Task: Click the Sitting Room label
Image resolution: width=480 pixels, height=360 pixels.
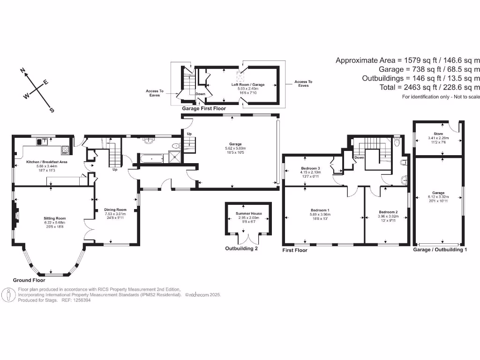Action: point(54,219)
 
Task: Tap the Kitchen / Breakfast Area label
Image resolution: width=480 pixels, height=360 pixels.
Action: point(47,162)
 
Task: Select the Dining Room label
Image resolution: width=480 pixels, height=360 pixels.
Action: point(116,210)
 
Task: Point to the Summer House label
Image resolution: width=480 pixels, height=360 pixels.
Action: point(248,213)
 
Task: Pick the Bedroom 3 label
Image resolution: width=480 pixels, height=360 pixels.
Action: point(310,168)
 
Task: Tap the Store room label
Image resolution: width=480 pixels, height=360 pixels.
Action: point(438,134)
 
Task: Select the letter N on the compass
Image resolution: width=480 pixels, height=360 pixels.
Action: point(22,71)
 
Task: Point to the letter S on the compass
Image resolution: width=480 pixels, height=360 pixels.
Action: point(52,111)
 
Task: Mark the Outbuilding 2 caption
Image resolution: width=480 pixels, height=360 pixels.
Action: point(241,249)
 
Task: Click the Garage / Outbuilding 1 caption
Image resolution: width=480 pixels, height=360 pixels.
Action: point(440,250)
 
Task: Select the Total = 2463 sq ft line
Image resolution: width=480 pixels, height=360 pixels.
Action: point(429,87)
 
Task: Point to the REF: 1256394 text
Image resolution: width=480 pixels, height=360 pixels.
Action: point(76,300)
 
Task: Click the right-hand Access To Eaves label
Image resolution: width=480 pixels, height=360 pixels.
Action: point(303,83)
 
